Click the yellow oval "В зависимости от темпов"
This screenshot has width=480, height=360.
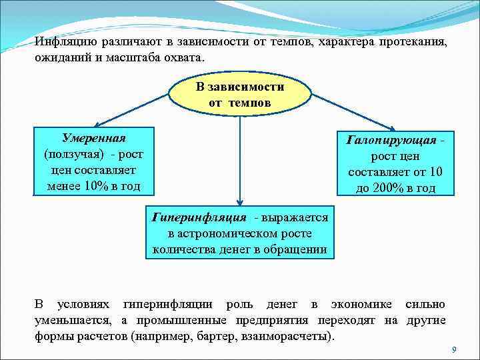click(x=240, y=95)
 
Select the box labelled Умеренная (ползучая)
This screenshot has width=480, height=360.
click(x=94, y=161)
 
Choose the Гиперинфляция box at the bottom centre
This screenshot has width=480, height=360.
click(x=240, y=233)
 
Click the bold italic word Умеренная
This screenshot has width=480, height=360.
click(x=93, y=138)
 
